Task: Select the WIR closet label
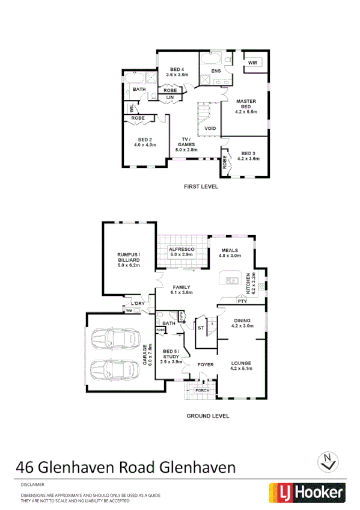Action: point(252,62)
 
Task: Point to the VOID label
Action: point(210,129)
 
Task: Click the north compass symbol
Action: point(328,461)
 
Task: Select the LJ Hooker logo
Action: point(306,493)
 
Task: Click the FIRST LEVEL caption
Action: point(201,187)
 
